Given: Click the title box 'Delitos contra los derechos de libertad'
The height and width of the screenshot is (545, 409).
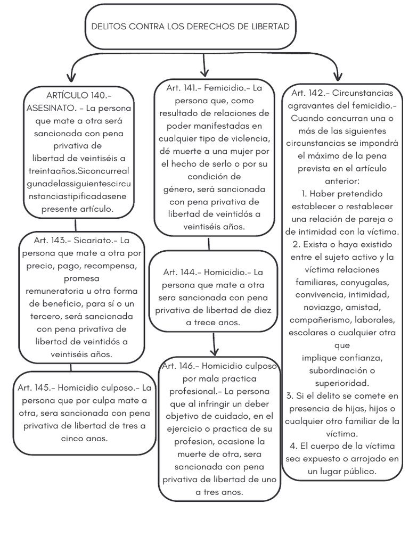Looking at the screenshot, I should tap(190, 26).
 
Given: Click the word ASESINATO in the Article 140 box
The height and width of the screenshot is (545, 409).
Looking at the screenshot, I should tap(48, 108).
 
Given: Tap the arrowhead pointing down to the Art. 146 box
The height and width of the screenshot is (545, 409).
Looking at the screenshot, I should tap(214, 351).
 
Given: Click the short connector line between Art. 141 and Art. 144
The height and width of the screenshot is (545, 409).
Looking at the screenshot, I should tap(209, 244).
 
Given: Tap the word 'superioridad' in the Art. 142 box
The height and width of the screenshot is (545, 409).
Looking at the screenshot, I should tap(341, 383).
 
